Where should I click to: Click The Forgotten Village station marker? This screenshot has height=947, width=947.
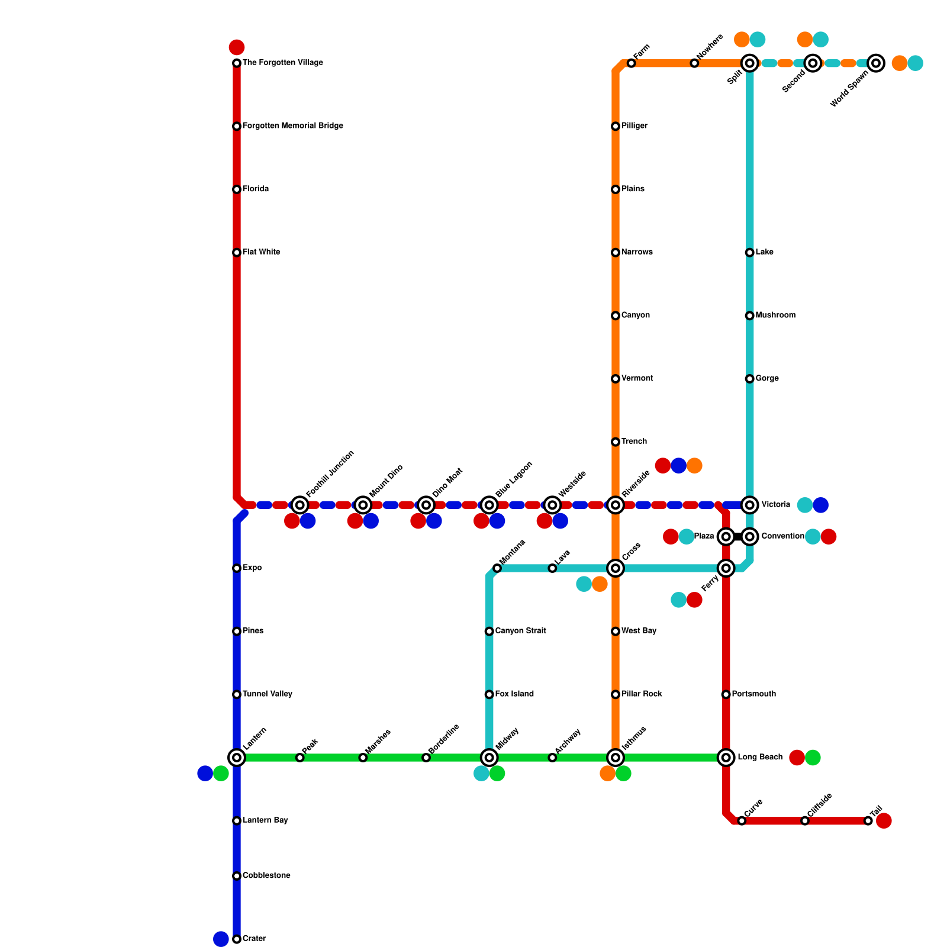click(237, 63)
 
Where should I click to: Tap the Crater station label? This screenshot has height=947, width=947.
click(254, 939)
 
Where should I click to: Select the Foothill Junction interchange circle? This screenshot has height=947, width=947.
click(300, 505)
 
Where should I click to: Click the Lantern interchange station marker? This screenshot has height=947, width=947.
click(237, 758)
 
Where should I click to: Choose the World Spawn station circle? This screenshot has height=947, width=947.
click(876, 63)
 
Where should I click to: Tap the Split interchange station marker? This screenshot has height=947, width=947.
click(750, 63)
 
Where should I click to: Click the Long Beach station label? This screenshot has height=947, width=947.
click(760, 758)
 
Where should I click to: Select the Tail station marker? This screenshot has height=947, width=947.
click(868, 821)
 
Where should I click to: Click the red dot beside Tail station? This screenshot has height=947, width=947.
click(884, 821)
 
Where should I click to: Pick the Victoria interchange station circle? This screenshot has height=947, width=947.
click(750, 505)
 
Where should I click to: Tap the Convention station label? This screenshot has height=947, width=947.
click(782, 536)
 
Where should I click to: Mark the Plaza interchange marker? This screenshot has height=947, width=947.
click(726, 537)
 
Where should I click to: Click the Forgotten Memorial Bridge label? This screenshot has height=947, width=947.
click(292, 126)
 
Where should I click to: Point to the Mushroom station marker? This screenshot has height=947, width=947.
click(750, 315)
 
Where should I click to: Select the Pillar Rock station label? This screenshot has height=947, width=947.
click(642, 694)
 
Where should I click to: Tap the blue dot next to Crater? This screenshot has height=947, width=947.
click(221, 939)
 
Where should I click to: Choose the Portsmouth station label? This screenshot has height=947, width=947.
click(753, 694)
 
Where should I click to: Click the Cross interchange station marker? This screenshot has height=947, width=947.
click(616, 568)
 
